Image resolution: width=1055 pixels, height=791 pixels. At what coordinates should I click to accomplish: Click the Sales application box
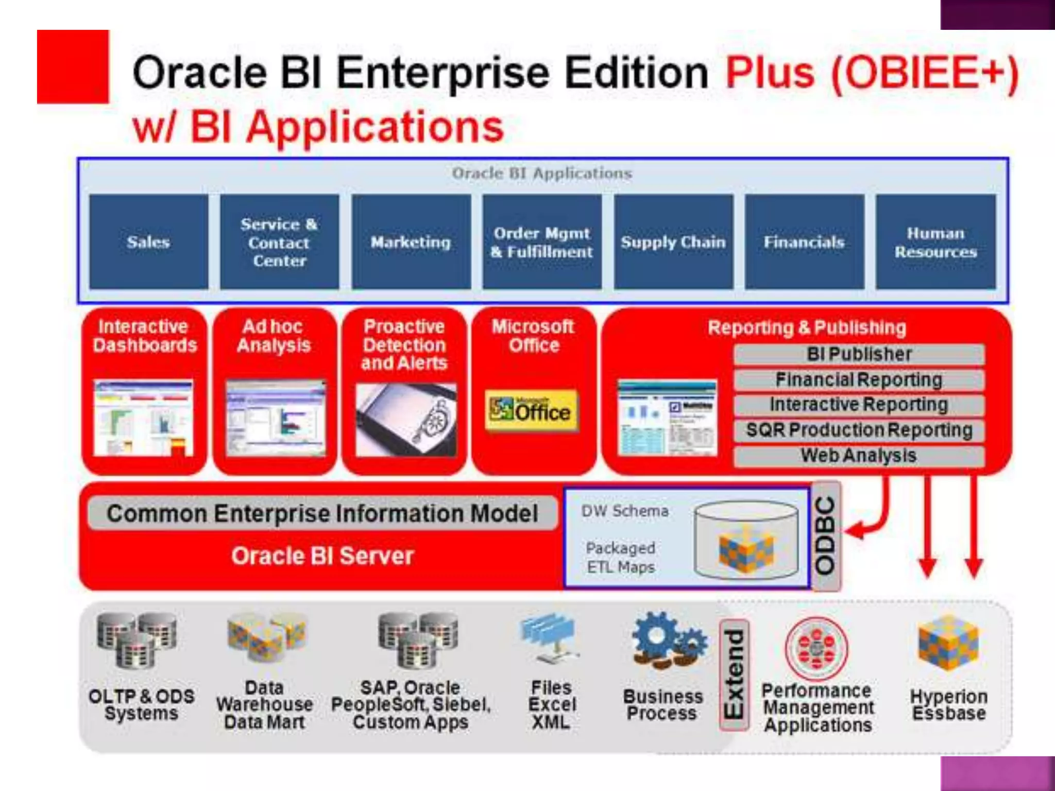148,242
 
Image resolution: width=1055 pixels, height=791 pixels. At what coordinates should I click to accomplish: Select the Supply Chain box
673,242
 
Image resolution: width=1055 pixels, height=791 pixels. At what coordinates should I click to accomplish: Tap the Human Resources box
935,242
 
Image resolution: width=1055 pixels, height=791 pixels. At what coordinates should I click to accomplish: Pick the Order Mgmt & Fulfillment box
542,242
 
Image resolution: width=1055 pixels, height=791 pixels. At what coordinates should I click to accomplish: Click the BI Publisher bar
859,354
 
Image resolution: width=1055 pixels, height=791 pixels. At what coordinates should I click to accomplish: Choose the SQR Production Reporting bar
859,430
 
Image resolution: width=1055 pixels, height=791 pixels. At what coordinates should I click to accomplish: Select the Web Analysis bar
859,456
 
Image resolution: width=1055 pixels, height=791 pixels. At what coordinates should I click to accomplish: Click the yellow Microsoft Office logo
531,410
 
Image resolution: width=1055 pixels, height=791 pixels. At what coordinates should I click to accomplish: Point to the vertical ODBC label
825,536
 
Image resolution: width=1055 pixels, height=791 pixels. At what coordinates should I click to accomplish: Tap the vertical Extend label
734,674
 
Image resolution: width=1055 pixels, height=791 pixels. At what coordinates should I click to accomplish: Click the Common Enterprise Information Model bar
322,513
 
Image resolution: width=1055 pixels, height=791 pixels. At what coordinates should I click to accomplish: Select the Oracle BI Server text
322,556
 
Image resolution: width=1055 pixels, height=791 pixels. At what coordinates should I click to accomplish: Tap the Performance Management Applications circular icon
816,649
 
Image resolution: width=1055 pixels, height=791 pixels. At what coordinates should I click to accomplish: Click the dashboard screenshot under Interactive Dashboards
143,418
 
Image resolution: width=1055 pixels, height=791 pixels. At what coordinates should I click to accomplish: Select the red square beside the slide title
73,66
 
